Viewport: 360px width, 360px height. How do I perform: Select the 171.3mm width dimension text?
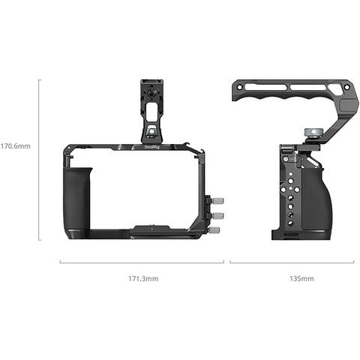[142, 279]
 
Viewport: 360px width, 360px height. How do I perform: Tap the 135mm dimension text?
[293, 279]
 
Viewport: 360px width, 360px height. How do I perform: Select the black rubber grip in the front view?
[78, 202]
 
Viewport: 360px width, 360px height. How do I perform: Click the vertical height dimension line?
[40, 158]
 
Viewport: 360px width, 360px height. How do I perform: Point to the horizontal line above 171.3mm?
[142, 262]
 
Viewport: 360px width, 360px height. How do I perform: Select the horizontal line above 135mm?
[293, 262]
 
